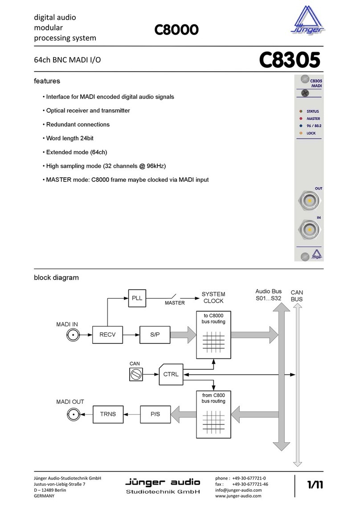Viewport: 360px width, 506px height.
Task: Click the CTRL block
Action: click(x=171, y=374)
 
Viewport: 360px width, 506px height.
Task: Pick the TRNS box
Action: click(x=107, y=414)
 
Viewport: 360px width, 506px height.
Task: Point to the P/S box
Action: click(x=155, y=414)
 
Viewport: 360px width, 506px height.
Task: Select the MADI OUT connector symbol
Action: click(x=74, y=414)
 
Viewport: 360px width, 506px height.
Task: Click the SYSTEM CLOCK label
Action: click(x=213, y=297)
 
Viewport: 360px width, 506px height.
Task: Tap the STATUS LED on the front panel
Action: click(x=301, y=111)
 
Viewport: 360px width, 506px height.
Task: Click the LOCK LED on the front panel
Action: click(x=301, y=133)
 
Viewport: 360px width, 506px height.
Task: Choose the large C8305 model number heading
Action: click(x=290, y=60)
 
